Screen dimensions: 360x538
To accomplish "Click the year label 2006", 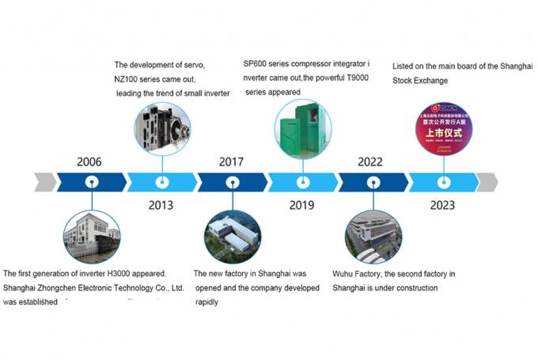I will [89, 162].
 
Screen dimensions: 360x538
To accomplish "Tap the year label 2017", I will [231, 162].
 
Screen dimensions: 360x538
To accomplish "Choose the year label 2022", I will [370, 162].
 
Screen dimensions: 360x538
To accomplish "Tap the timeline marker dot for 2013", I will [161, 181].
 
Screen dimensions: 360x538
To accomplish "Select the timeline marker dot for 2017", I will [231, 181].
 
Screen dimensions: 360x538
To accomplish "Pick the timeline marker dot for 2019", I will [301, 181].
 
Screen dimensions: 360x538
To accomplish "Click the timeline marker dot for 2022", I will [372, 181].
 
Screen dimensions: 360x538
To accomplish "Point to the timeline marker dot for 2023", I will [442, 181].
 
